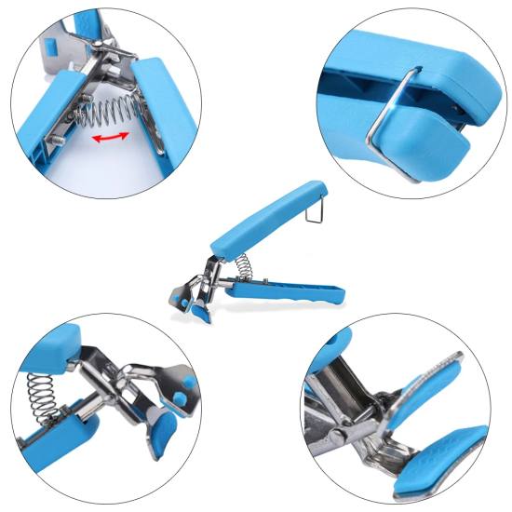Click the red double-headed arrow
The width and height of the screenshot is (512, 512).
point(111,137)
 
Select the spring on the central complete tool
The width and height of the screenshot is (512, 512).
point(240,265)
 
